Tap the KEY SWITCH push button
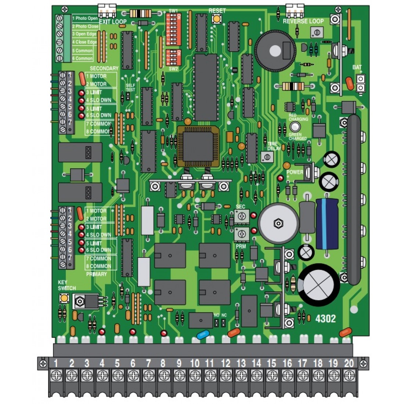tap(64, 298)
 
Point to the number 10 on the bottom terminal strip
tap(194, 363)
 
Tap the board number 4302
tap(325, 318)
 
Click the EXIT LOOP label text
tap(113, 22)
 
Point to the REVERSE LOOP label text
tap(303, 21)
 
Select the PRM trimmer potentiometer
tap(241, 233)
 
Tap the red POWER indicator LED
tap(280, 178)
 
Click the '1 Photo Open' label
tap(85, 18)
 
